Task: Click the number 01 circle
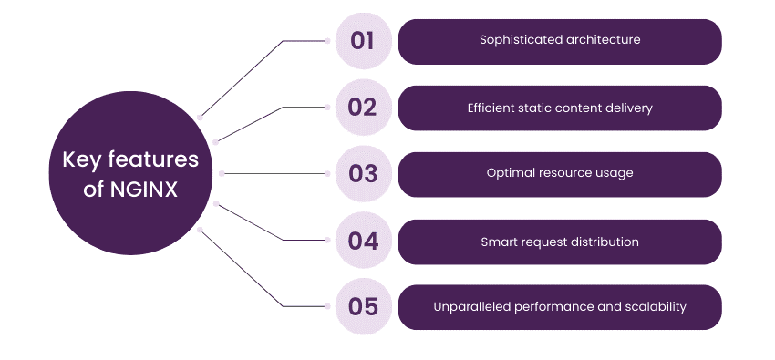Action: (x=363, y=41)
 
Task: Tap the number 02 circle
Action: (x=363, y=108)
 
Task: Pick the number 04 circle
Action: (x=363, y=242)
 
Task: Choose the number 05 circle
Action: (x=363, y=307)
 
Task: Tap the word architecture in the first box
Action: (x=601, y=41)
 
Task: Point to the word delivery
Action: (x=629, y=108)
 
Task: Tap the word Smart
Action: (x=499, y=242)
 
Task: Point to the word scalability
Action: (x=655, y=307)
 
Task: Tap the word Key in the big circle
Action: (x=78, y=160)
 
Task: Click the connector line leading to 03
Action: (x=274, y=172)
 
